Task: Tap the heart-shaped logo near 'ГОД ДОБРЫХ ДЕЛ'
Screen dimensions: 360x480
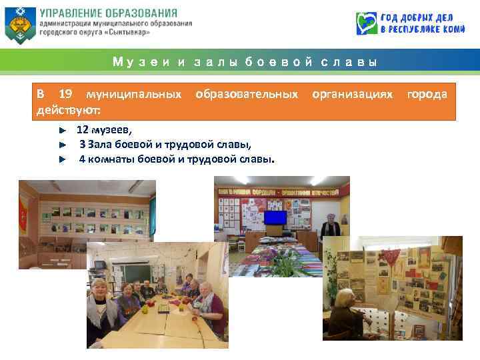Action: (x=367, y=23)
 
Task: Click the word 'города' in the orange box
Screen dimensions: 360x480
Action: (x=427, y=94)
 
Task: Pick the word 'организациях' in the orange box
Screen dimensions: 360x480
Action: (x=353, y=94)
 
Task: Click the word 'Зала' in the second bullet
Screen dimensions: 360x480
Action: (x=101, y=144)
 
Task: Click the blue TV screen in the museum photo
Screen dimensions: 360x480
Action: (x=275, y=217)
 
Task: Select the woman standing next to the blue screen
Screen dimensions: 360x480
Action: (x=330, y=230)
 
